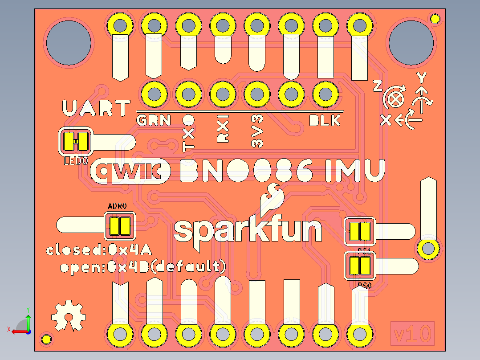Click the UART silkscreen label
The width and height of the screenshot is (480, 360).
(x=96, y=109)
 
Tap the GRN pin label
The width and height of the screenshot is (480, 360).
(x=153, y=120)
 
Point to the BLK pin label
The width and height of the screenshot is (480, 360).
(x=325, y=120)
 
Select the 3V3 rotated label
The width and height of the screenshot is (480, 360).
(x=257, y=131)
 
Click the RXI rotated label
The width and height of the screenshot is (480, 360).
(x=222, y=129)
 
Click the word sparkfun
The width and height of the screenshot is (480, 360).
(x=248, y=230)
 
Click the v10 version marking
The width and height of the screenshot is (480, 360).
(x=412, y=333)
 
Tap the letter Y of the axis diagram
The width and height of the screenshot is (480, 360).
(x=421, y=78)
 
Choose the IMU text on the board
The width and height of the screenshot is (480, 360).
(x=355, y=171)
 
